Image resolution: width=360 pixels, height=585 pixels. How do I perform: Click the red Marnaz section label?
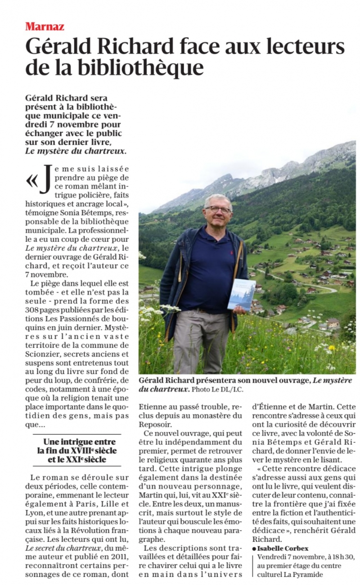(45, 26)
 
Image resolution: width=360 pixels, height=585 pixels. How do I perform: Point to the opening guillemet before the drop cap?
(32, 180)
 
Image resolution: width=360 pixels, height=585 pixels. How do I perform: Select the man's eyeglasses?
(218, 209)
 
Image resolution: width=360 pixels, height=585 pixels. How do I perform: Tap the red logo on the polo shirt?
(232, 252)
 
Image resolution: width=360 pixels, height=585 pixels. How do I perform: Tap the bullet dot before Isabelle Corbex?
(254, 549)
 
